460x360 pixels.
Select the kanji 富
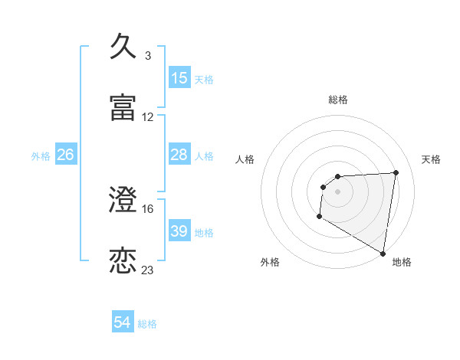click(x=123, y=108)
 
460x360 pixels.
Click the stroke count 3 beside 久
click(x=147, y=55)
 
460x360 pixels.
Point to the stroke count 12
click(x=148, y=117)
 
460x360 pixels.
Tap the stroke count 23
click(x=148, y=270)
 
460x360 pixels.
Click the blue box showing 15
click(x=179, y=78)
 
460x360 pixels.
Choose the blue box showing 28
click(x=179, y=155)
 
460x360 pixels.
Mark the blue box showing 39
click(x=179, y=231)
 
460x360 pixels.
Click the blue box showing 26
click(x=65, y=155)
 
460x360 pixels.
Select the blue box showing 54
click(x=123, y=323)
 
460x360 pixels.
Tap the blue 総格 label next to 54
click(x=147, y=324)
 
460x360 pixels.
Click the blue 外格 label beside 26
click(x=41, y=156)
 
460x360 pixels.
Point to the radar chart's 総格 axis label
click(x=338, y=100)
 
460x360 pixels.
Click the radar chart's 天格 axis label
click(x=432, y=159)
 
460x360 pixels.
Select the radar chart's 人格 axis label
click(x=245, y=159)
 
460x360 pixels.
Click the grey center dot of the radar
click(x=338, y=191)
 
